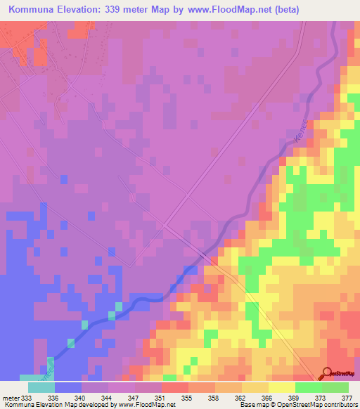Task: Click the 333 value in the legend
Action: click(x=27, y=398)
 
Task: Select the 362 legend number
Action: click(x=241, y=398)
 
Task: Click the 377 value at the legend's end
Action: click(x=348, y=398)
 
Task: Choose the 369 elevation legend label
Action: click(x=295, y=398)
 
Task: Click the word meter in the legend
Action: click(x=10, y=398)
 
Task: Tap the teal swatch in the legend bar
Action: click(x=41, y=387)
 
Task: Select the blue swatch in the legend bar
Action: click(x=67, y=387)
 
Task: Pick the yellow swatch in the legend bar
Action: click(x=281, y=387)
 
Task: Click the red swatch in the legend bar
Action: click(x=174, y=387)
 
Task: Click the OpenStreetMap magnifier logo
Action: click(x=327, y=373)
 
